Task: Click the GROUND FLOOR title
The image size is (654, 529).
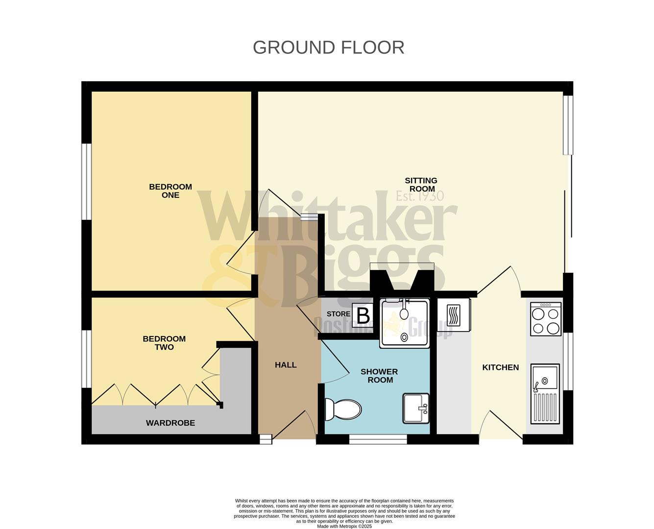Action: point(328,48)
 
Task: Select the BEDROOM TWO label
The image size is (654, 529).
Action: point(164,343)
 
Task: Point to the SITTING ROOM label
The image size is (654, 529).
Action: point(421,185)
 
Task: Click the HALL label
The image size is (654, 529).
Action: point(286,365)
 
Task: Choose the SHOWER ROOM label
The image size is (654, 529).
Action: point(380,376)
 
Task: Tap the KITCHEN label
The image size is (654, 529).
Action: point(500,367)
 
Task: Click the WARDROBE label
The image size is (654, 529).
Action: point(170,423)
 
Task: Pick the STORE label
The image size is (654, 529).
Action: point(339,314)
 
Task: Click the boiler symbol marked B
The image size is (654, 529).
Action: point(363,316)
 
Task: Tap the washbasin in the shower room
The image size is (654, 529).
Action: point(416,408)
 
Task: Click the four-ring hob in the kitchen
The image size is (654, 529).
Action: point(546,319)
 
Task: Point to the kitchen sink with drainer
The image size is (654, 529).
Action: point(545,393)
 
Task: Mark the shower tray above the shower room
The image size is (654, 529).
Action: point(405,323)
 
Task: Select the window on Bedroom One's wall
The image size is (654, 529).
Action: point(87,181)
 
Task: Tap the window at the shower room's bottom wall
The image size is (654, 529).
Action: point(378,439)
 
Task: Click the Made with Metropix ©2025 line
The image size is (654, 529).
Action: point(344,527)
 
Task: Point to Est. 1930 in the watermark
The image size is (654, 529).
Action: point(420,196)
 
